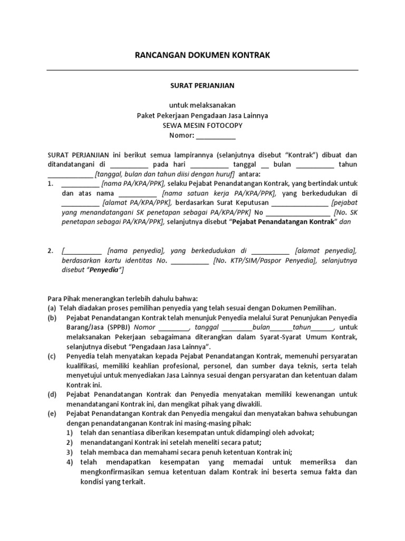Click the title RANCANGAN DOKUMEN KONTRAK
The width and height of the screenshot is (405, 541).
point(202,55)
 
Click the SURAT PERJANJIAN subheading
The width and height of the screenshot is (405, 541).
point(202,85)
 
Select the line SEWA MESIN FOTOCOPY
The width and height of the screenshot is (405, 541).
point(202,125)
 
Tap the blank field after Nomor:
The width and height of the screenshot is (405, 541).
point(216,135)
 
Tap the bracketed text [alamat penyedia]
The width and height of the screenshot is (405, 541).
point(326,250)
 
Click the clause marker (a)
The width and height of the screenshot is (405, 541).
point(52,307)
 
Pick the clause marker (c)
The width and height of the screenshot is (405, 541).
point(52,356)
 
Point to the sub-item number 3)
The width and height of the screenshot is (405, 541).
point(69,452)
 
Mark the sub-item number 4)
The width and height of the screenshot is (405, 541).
point(69,462)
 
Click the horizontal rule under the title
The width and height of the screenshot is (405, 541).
point(202,70)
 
